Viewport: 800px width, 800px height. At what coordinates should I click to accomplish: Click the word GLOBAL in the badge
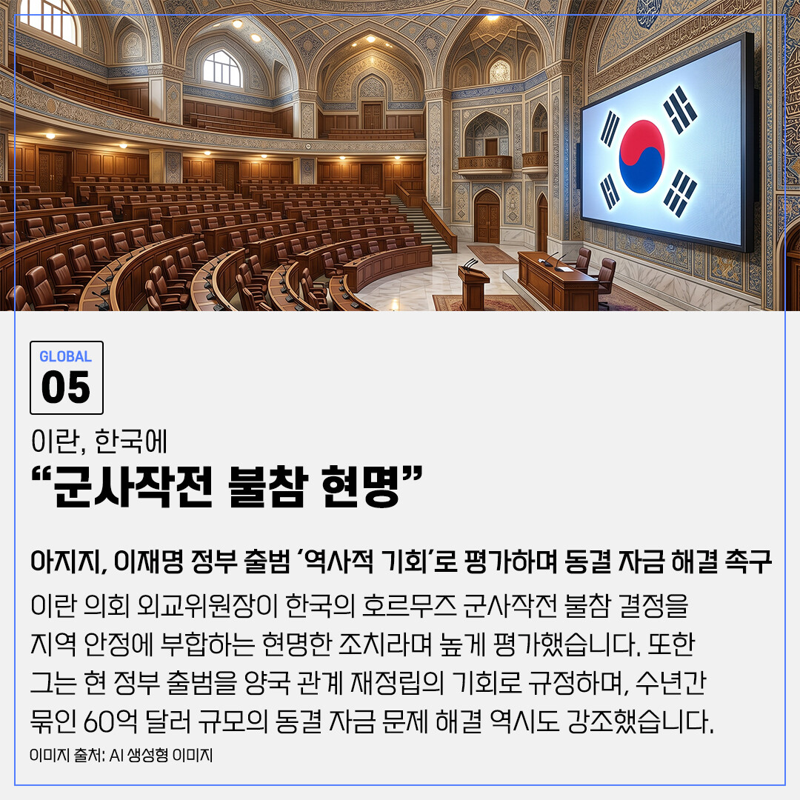(x=66, y=356)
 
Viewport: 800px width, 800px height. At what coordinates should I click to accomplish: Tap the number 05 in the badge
(x=66, y=387)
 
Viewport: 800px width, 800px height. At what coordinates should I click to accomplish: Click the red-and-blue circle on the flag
(x=641, y=156)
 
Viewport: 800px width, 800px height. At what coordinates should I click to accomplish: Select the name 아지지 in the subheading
(x=68, y=561)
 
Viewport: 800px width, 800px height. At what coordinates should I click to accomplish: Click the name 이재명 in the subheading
(x=148, y=561)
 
